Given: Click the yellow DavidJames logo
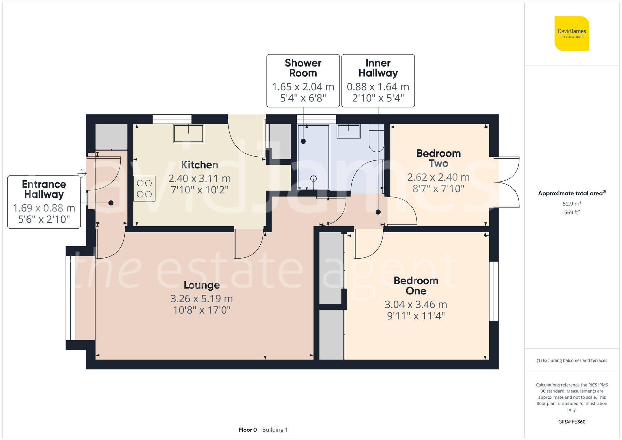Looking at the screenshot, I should [572, 34].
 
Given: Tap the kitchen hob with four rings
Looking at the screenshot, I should [144, 189].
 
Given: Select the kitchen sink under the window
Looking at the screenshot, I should [188, 133].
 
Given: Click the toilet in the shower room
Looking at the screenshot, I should [376, 138].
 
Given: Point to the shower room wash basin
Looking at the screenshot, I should [349, 131].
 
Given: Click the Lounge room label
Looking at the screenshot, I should [202, 285].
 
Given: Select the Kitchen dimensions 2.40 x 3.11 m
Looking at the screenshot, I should [199, 178].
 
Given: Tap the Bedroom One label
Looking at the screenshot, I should [416, 285].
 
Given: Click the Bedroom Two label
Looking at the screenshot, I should [438, 158].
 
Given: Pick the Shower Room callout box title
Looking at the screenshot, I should [303, 68].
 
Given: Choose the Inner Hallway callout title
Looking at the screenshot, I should [378, 68].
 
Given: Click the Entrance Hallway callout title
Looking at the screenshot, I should [44, 189].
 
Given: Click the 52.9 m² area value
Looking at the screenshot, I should [572, 204].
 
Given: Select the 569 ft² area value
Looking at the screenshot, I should [572, 212].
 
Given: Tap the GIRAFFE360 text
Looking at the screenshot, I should [572, 422].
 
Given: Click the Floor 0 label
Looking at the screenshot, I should [248, 430].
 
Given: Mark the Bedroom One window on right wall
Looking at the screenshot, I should [494, 291].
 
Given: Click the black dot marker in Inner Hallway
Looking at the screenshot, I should [378, 212].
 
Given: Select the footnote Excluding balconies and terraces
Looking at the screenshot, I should [572, 360].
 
